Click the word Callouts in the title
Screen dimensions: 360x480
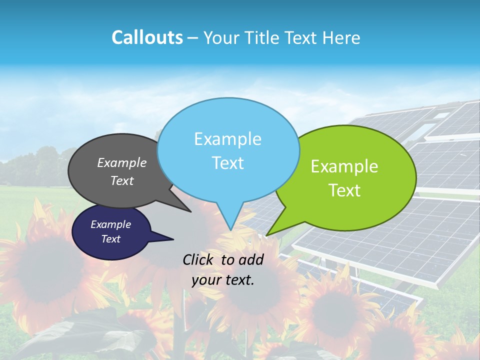coord(147,38)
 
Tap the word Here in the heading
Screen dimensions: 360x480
coord(342,38)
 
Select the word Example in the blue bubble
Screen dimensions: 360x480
coord(227,139)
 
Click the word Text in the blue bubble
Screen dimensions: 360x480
coord(227,163)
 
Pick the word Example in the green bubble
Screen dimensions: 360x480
coord(344,166)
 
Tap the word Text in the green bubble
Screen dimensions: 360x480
coord(344,190)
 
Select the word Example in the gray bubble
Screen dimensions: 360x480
coord(122,163)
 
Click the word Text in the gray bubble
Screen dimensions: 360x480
coord(122,181)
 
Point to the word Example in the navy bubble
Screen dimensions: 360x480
coord(110,224)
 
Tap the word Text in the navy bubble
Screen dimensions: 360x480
coord(110,239)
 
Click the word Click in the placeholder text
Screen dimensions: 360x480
coord(198,259)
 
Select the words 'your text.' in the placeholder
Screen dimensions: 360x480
coord(223,280)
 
